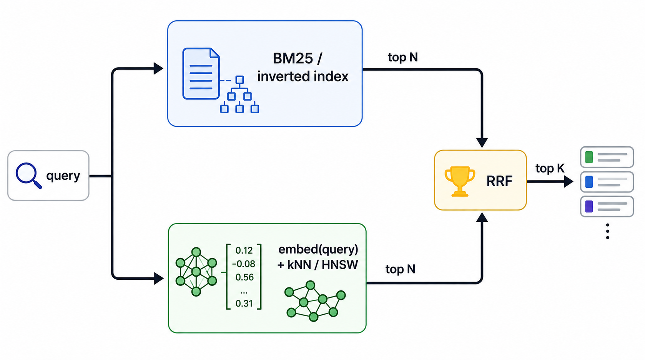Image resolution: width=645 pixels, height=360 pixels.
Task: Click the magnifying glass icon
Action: pos(28,175)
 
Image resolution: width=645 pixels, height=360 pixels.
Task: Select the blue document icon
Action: pos(201,74)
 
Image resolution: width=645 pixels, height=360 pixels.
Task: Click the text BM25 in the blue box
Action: pos(293,59)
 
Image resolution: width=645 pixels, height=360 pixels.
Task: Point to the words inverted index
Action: pos(303,76)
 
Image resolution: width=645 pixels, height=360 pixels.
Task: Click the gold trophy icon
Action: pos(460,181)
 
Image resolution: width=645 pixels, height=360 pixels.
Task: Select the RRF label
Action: pos(499,181)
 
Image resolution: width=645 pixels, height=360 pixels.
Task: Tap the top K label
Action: pos(550,168)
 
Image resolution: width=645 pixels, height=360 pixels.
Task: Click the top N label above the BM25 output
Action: pos(402,57)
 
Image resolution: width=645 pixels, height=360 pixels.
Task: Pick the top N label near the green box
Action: pos(400,269)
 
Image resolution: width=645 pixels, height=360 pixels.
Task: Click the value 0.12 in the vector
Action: pos(244,251)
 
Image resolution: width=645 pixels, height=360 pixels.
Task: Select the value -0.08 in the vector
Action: pos(243,264)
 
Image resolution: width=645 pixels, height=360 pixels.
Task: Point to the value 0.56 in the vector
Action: pos(244,277)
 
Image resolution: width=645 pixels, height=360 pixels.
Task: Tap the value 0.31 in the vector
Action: pos(244,303)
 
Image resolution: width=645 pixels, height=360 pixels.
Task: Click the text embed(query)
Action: pos(318,249)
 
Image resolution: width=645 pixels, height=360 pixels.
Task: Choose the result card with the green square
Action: pos(607,157)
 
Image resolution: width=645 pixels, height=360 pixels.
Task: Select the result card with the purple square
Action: pos(607,206)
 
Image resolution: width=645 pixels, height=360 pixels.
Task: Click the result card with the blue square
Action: pos(607,182)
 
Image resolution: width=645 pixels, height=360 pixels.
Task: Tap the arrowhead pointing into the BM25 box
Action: pos(158,68)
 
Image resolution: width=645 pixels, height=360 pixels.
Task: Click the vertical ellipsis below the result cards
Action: pos(608,231)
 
